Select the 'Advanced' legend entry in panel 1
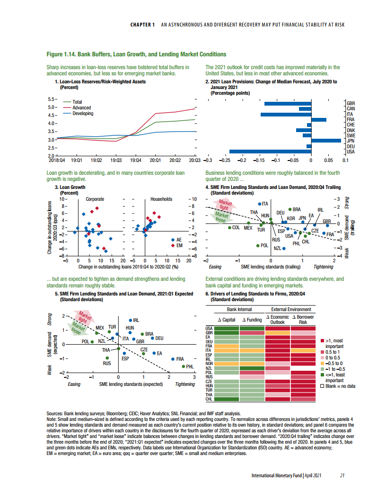(x=81, y=108)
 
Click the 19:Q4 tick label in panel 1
(x=135, y=161)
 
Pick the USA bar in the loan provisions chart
(x=285, y=152)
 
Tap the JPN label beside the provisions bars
(x=351, y=141)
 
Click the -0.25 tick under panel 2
(x=224, y=161)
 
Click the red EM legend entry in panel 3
(x=176, y=246)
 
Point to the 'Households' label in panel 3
(x=161, y=199)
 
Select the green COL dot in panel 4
(x=230, y=227)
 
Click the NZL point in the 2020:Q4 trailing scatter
(x=284, y=248)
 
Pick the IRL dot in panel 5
(x=131, y=320)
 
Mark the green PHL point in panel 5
(x=183, y=366)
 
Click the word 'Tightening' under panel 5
(x=185, y=384)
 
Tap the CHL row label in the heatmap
(x=208, y=399)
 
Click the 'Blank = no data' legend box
(x=323, y=386)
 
